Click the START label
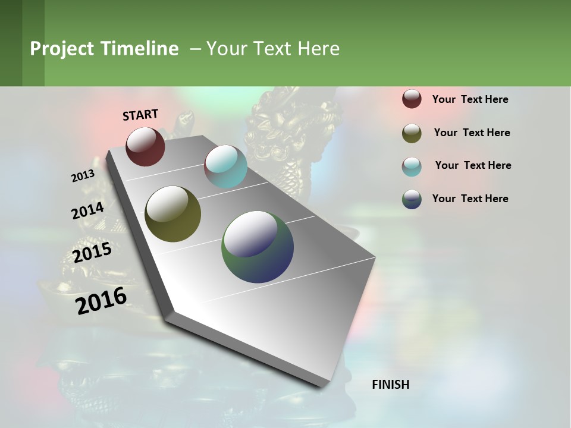click(140, 114)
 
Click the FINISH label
click(390, 385)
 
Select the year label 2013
click(83, 175)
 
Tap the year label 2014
click(87, 210)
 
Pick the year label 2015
click(92, 252)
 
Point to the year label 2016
click(101, 301)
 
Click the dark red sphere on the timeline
click(145, 146)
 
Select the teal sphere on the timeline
click(225, 166)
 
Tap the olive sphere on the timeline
click(172, 214)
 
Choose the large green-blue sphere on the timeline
click(258, 247)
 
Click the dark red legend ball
click(412, 99)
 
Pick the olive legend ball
click(412, 133)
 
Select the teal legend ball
click(412, 166)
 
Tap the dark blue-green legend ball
click(412, 199)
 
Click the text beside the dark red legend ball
click(470, 99)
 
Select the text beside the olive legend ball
click(472, 133)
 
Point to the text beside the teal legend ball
click(473, 165)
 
